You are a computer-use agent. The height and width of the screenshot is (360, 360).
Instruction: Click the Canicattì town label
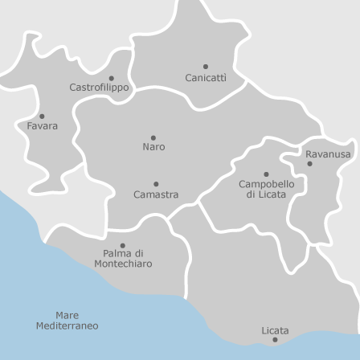(x=206, y=78)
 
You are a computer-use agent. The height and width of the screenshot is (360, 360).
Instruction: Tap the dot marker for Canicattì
(x=206, y=67)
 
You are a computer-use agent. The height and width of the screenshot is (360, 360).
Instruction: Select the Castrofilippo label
(x=99, y=88)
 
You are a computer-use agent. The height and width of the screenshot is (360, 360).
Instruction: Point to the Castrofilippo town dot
(x=111, y=78)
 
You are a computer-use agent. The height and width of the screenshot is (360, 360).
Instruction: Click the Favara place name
(x=42, y=126)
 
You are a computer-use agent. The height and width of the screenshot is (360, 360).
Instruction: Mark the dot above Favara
(x=42, y=116)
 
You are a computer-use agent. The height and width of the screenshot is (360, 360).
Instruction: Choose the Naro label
(x=153, y=147)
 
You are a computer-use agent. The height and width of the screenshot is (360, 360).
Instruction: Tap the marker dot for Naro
(x=153, y=137)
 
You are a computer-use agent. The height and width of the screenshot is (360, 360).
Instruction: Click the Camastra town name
(x=156, y=194)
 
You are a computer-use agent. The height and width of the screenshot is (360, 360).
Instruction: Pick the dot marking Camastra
(x=156, y=184)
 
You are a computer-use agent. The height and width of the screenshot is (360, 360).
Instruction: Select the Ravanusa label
(x=328, y=154)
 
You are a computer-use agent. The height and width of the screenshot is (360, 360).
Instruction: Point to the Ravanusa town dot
(x=310, y=164)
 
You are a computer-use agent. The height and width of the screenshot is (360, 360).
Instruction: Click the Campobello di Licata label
(x=266, y=189)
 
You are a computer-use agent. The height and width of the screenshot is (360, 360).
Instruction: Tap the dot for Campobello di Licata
(x=266, y=174)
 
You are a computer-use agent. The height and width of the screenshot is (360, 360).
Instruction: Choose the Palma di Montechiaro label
(x=122, y=258)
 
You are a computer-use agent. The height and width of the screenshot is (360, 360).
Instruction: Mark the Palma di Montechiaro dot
(x=122, y=245)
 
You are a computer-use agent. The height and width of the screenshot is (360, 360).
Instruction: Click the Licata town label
(x=275, y=330)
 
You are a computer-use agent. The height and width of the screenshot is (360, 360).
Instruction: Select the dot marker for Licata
(x=275, y=340)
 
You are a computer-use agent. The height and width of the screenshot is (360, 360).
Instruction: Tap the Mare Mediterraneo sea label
(x=67, y=321)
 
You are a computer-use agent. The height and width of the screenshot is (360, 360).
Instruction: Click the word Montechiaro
(x=122, y=264)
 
